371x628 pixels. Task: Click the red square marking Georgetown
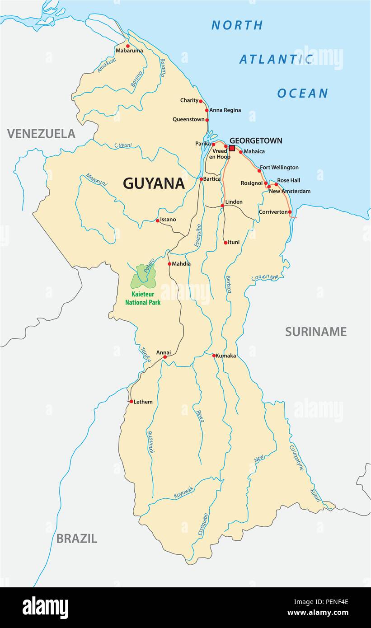pyautogui.click(x=232, y=148)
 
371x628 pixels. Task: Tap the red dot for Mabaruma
pyautogui.click(x=127, y=46)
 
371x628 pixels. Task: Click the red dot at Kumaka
pyautogui.click(x=214, y=356)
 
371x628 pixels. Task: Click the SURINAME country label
pyautogui.click(x=315, y=332)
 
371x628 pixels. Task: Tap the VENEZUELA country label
pyautogui.click(x=41, y=133)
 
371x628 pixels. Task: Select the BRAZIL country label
pyautogui.click(x=76, y=538)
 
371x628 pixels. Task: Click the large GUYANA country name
pyautogui.click(x=154, y=183)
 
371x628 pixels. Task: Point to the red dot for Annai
pyautogui.click(x=165, y=357)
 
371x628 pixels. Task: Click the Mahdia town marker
pyautogui.click(x=169, y=264)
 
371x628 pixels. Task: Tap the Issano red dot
pyautogui.click(x=157, y=220)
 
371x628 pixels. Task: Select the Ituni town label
pyautogui.click(x=234, y=243)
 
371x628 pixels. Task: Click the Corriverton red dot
pyautogui.click(x=290, y=212)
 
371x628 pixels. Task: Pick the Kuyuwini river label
pyautogui.click(x=183, y=492)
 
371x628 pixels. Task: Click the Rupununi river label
pyautogui.click(x=150, y=442)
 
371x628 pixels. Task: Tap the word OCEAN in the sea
pyautogui.click(x=302, y=93)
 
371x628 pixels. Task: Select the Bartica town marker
pyautogui.click(x=201, y=179)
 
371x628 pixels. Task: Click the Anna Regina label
pyautogui.click(x=225, y=110)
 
